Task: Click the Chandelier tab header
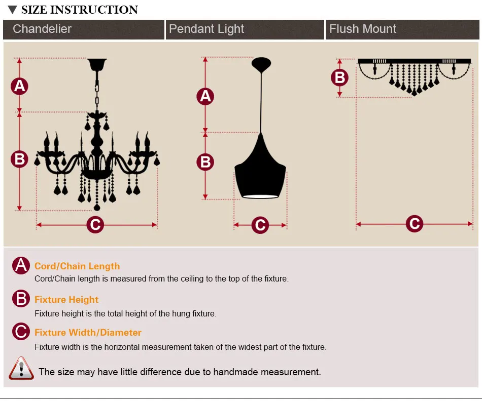pos(42,29)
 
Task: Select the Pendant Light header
pos(206,29)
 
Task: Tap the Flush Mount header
pos(363,29)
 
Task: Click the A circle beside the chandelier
pos(19,86)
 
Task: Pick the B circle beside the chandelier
pos(19,159)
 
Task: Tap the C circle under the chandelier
pos(95,224)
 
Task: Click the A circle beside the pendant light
pos(205,96)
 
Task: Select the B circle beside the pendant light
pos(205,162)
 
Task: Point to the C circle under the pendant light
pos(260,225)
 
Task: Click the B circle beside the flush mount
pos(339,77)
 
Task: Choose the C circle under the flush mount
pos(415,223)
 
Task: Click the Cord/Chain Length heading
pos(77,266)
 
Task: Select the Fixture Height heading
pos(66,300)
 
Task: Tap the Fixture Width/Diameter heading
pos(88,333)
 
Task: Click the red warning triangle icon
pos(21,369)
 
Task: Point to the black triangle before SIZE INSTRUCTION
pos(13,10)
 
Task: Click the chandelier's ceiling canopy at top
pos(96,65)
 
